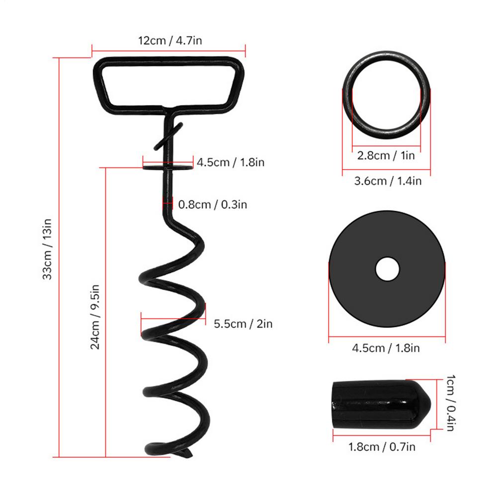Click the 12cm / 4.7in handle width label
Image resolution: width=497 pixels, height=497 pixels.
(x=170, y=41)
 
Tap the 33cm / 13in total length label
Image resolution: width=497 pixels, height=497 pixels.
(x=47, y=249)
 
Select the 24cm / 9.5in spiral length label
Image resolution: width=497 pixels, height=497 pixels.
(x=95, y=317)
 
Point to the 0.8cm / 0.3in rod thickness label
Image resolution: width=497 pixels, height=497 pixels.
(x=212, y=204)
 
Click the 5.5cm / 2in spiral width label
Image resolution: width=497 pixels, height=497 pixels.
(x=243, y=324)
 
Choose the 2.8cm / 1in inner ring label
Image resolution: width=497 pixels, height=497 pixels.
(x=386, y=155)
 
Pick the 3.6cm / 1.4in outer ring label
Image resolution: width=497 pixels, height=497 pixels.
(x=388, y=181)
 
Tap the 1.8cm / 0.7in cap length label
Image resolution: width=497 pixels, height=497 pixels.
(x=382, y=447)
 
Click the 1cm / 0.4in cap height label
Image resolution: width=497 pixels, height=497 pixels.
(x=451, y=403)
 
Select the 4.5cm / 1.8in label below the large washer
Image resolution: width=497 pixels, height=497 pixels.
(x=386, y=348)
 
